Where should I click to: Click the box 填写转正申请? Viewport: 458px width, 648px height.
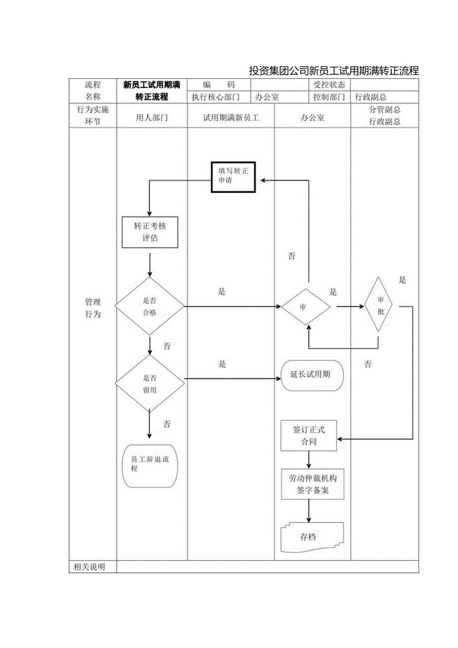pos(233,177)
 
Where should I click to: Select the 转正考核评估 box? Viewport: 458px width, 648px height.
pos(150,232)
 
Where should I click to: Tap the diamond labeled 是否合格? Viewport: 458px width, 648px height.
pos(150,306)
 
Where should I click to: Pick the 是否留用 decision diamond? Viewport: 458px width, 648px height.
pos(150,384)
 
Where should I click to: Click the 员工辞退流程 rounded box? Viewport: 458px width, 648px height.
pos(150,466)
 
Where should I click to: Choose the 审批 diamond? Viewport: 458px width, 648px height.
pos(378,305)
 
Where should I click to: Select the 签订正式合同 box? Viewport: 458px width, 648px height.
pos(309,436)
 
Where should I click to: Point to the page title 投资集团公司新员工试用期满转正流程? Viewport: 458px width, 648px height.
pos(334,71)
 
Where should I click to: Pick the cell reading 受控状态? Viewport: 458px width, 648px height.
pos(329,85)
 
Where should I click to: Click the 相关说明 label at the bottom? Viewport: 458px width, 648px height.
pos(89,567)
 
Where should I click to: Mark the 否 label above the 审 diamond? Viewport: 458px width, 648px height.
pos(292,256)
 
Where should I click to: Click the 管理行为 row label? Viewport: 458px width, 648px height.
pos(93,308)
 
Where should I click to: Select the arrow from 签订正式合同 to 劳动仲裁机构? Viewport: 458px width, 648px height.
pos(309,459)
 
